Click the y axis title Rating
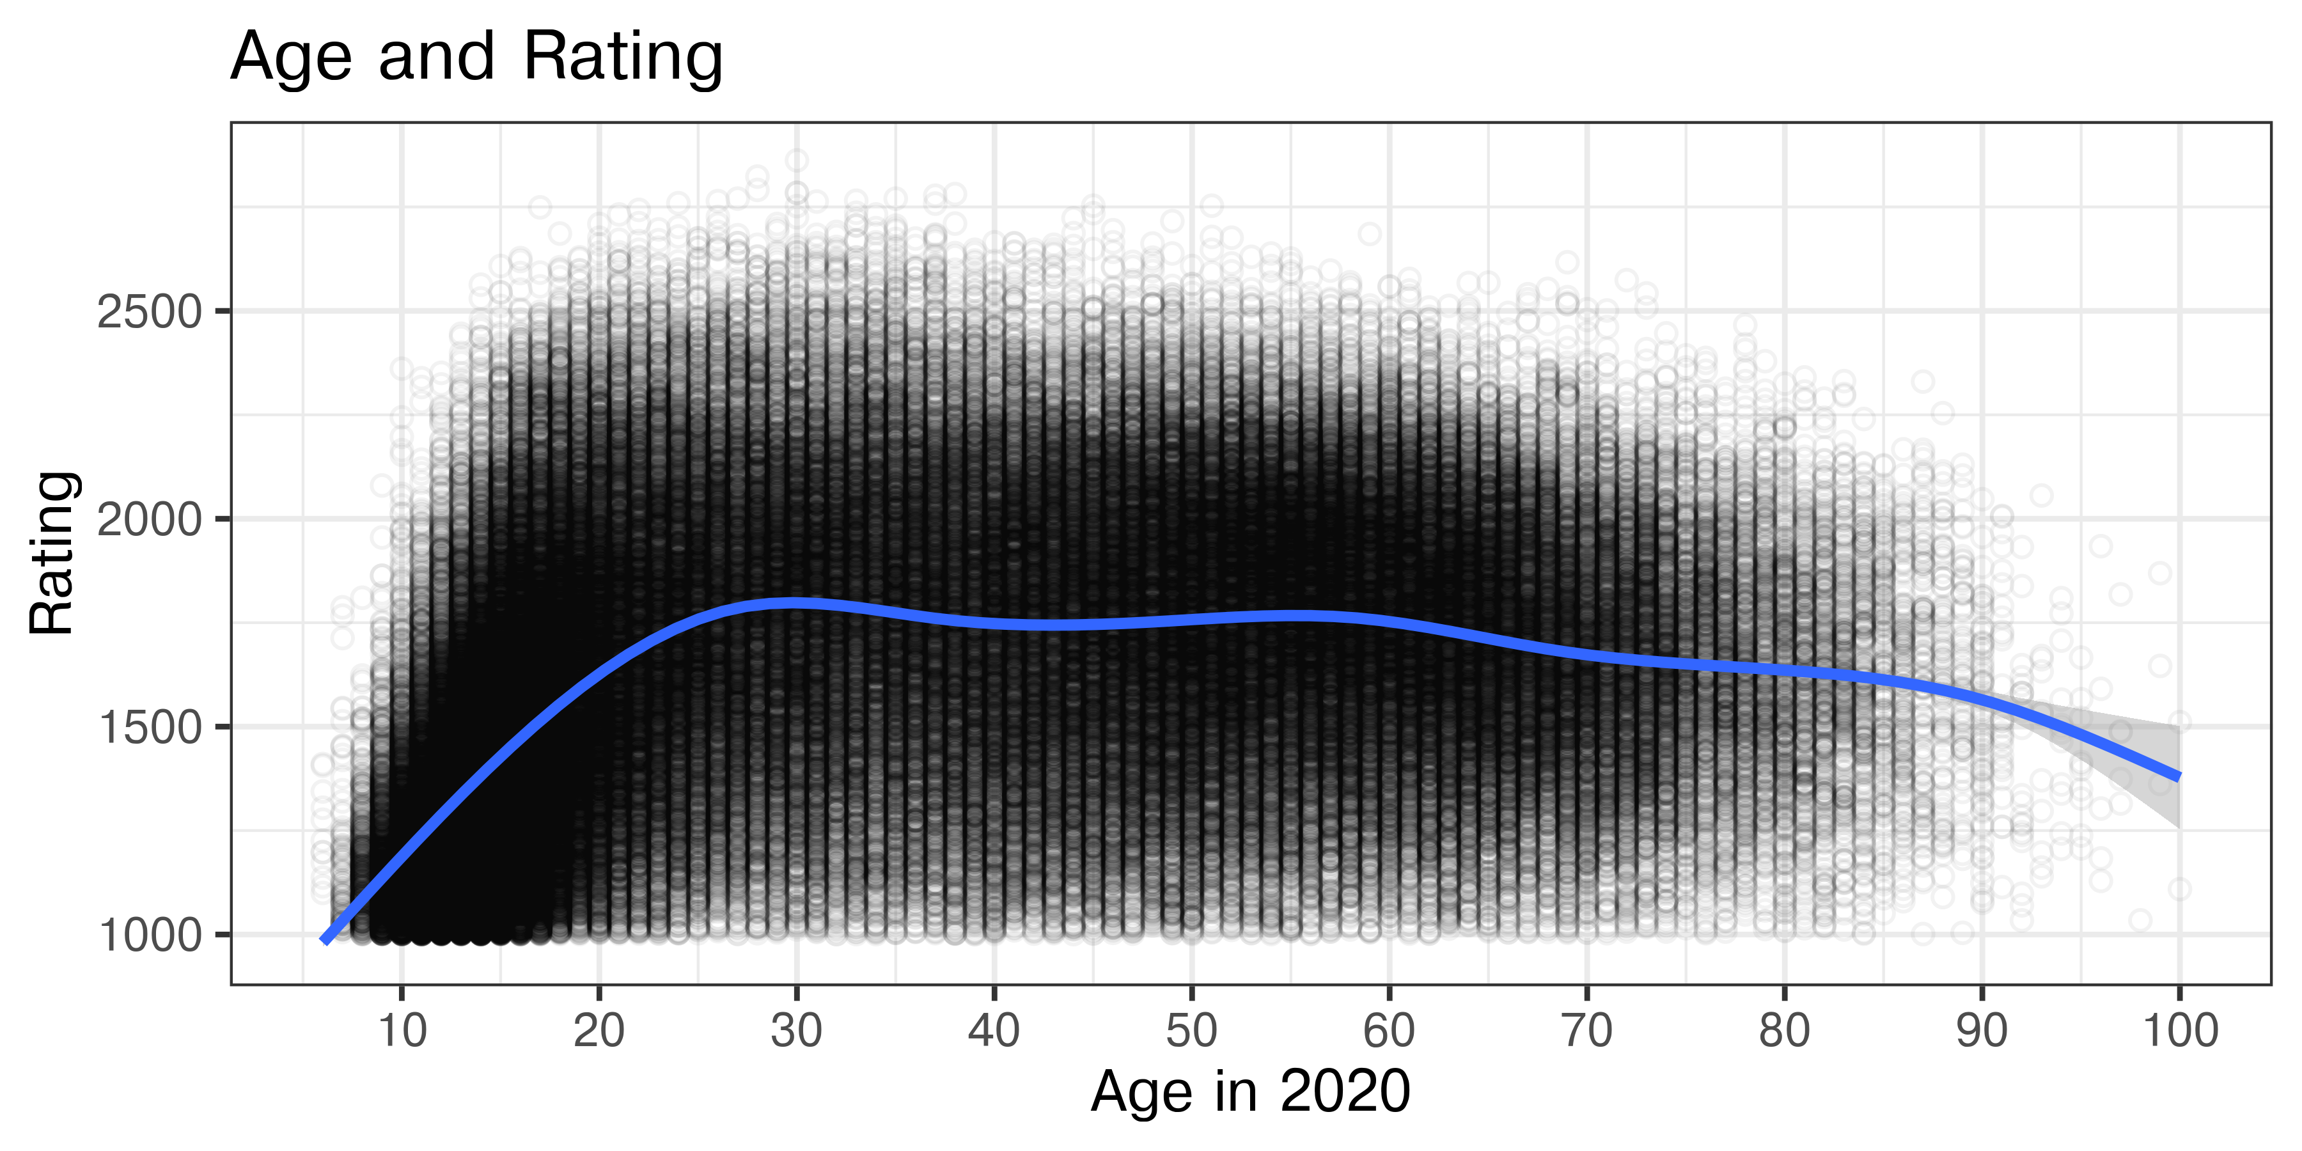(52, 553)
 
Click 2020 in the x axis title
(1345, 1092)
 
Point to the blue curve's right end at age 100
(2179, 776)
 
